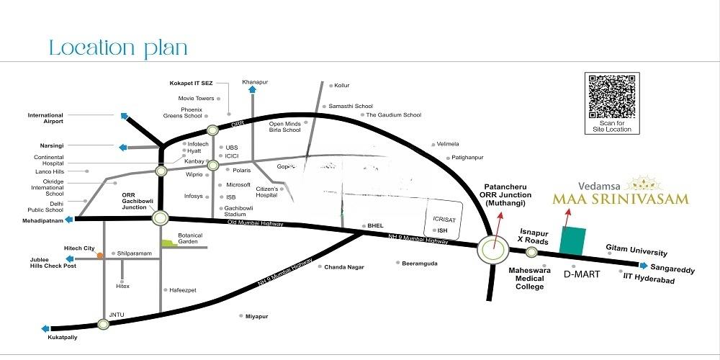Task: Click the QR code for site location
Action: tap(612, 97)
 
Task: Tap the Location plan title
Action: tap(118, 49)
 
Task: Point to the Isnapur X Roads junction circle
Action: tap(531, 252)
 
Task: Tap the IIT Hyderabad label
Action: tap(649, 279)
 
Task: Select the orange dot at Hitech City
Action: tap(101, 254)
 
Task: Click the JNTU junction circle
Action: tap(104, 324)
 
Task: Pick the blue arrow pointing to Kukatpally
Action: tap(45, 328)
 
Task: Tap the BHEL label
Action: tap(376, 225)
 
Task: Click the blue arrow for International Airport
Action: tap(125, 115)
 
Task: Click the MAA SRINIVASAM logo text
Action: tap(620, 198)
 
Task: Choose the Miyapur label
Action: tap(256, 316)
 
